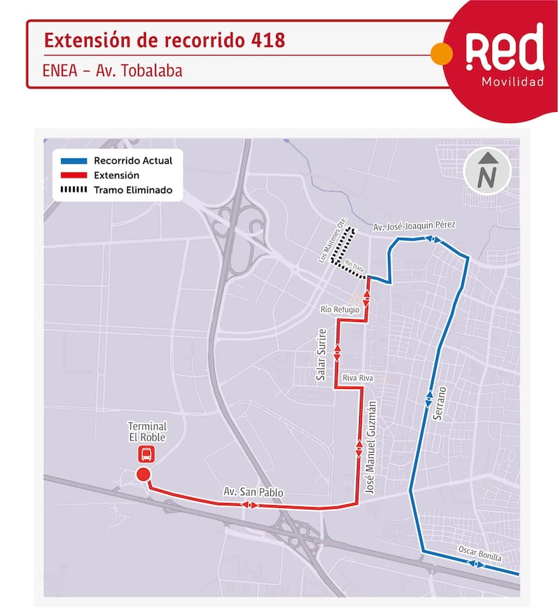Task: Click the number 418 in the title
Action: click(x=267, y=41)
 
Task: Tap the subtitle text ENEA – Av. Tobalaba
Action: click(x=113, y=71)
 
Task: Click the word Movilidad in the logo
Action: click(x=512, y=83)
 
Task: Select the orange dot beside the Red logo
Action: click(x=440, y=53)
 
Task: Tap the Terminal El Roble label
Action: click(x=147, y=432)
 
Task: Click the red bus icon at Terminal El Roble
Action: click(x=146, y=455)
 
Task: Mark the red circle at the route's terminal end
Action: click(x=143, y=476)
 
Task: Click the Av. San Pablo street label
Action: click(x=253, y=493)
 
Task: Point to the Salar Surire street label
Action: click(x=322, y=354)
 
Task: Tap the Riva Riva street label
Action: click(x=357, y=378)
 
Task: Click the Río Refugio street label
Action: click(x=340, y=309)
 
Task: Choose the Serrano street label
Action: click(x=440, y=401)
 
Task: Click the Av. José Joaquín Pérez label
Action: click(x=414, y=226)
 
